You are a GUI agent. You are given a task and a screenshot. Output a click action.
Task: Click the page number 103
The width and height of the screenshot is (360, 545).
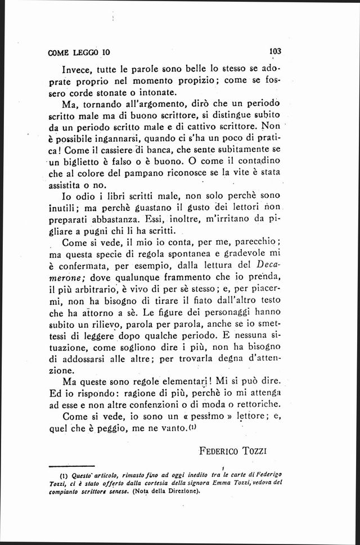click(275, 51)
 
